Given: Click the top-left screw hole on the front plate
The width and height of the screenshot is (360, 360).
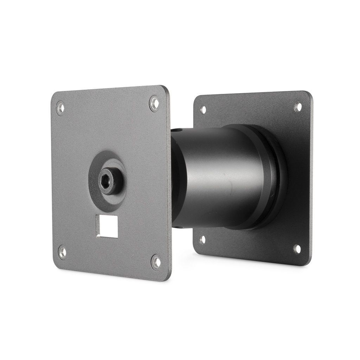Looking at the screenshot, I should coord(60,108).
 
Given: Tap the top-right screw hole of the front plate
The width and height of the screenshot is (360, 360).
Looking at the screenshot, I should coord(154,103).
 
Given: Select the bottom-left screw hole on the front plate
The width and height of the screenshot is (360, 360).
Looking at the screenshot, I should coord(62,252).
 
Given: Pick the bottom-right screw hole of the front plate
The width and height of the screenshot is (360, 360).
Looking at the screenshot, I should coord(156,262).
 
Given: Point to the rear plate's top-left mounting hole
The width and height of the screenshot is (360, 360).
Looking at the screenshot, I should coord(203,110).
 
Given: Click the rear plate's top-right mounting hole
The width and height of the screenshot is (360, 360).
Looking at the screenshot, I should coord(298,107).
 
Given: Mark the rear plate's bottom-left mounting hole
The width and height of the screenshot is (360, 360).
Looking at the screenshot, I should coord(202,240).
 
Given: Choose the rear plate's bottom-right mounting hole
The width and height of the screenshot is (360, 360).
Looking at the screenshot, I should coord(297,249).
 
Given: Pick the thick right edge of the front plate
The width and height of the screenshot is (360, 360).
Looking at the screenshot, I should coord(169,183).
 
